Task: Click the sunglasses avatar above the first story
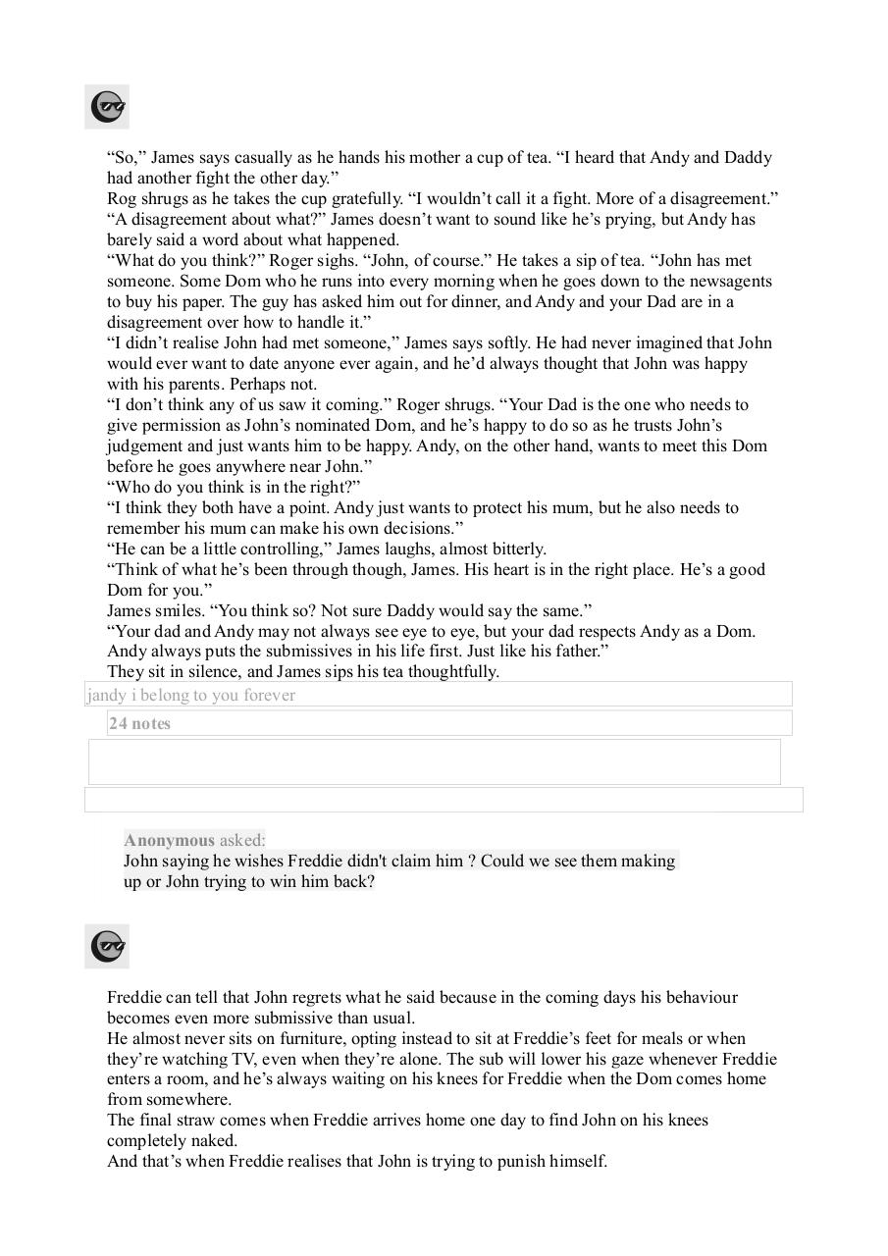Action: pos(107,107)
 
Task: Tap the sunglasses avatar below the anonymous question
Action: pos(107,947)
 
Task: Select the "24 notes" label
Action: pos(140,724)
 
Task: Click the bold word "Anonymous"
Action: pos(169,840)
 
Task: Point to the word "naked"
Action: pos(213,1141)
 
